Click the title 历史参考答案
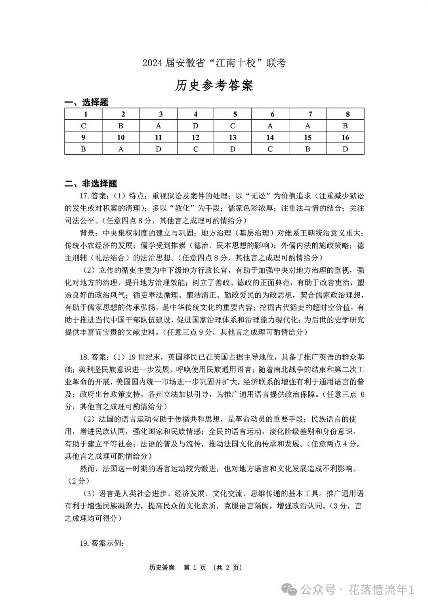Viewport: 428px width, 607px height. point(214,86)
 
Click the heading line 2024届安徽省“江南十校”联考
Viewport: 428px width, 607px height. point(214,63)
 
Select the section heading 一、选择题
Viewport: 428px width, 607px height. point(86,102)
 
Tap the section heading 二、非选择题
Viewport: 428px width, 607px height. point(91,184)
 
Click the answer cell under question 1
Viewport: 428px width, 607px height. point(83,126)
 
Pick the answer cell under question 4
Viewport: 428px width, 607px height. point(195,126)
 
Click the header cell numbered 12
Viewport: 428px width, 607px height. point(195,138)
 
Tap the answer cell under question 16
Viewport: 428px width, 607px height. point(345,149)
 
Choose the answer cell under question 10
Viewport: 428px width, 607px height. point(121,149)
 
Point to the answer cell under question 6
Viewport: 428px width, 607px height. point(270,126)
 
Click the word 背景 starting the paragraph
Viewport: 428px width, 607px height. point(88,233)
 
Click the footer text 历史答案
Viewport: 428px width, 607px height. point(162,567)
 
